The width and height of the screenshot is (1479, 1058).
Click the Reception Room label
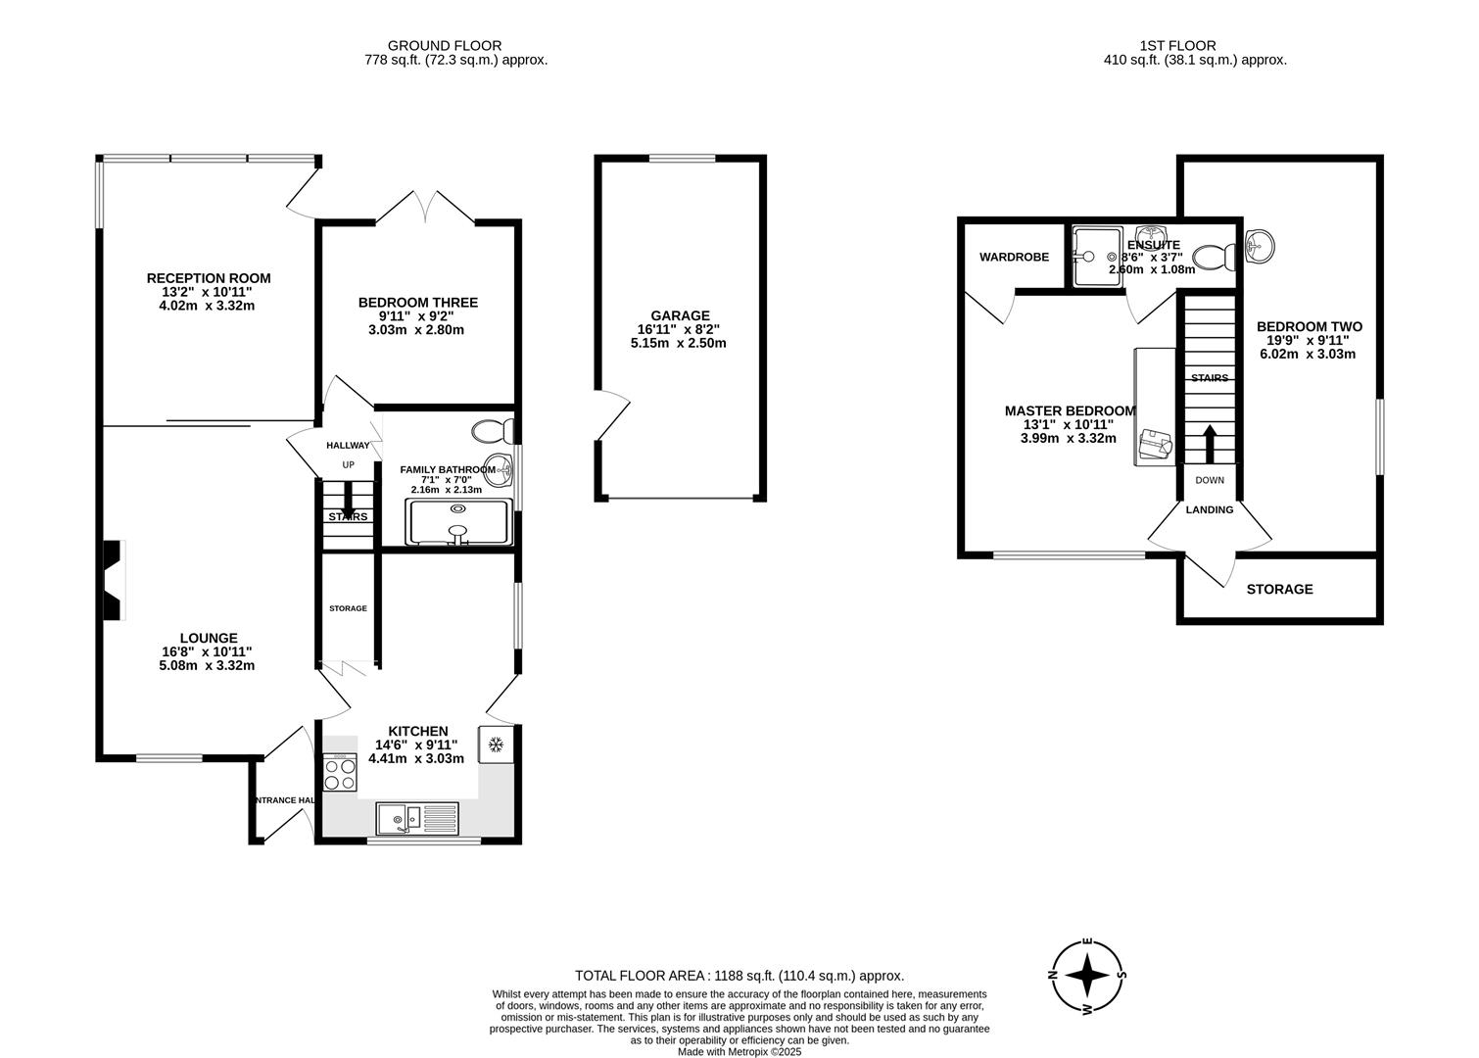click(209, 278)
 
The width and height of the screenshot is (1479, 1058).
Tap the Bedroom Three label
click(417, 303)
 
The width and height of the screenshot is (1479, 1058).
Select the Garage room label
click(681, 315)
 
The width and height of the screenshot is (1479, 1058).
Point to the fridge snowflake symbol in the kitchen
click(496, 745)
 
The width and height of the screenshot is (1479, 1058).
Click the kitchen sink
click(416, 817)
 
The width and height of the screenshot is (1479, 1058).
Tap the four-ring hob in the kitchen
click(341, 774)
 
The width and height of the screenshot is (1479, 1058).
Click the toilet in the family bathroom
click(493, 431)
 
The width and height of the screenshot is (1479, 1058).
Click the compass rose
click(1087, 976)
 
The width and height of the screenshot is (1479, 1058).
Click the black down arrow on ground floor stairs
click(348, 500)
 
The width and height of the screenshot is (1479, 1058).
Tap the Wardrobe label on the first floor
click(1014, 258)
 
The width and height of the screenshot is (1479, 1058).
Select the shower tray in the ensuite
click(1097, 257)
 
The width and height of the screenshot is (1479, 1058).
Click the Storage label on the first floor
click(1279, 590)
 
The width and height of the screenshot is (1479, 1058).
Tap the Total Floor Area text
click(739, 976)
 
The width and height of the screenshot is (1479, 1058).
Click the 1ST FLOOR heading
click(1177, 45)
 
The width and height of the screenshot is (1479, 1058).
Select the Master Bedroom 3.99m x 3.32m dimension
click(1068, 439)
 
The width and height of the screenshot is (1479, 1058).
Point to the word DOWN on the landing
click(1210, 481)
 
